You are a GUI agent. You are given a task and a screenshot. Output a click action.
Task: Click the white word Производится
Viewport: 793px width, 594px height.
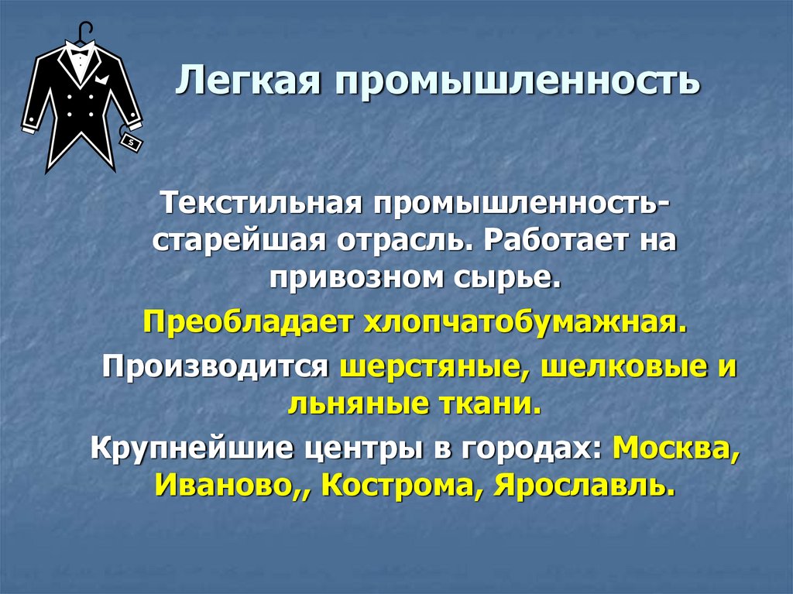pos(216,365)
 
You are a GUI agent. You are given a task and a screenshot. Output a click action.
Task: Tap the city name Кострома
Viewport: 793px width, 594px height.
pos(395,486)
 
